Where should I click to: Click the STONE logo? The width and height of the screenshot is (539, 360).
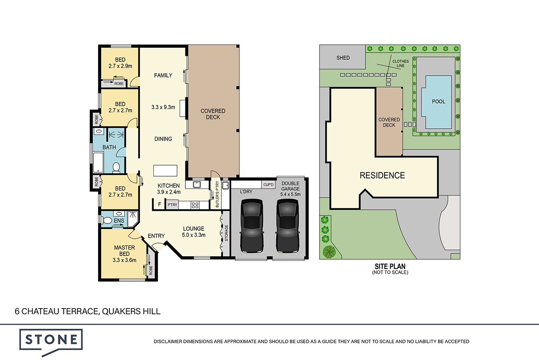(x=51, y=342)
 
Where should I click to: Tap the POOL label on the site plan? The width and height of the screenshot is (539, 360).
(x=438, y=101)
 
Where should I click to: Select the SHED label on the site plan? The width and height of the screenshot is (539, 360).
(x=343, y=58)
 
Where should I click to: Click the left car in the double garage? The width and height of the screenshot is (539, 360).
(x=252, y=225)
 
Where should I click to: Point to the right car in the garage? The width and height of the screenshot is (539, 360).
(x=288, y=225)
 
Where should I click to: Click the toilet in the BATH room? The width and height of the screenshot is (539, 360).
(x=116, y=168)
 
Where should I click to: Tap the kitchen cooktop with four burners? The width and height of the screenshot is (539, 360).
(x=195, y=205)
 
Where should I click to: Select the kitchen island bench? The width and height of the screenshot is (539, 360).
(x=165, y=171)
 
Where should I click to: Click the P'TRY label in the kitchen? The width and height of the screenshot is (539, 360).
(x=172, y=205)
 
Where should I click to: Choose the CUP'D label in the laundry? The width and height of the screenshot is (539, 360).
(x=268, y=185)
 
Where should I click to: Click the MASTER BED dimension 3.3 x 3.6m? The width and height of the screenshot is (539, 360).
(x=124, y=260)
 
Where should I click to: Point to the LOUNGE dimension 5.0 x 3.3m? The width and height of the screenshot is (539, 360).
(x=194, y=235)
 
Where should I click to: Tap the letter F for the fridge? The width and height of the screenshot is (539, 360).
(x=159, y=204)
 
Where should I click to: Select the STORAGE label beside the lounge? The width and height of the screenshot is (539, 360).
(x=227, y=233)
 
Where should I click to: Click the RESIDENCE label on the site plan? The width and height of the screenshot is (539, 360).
(x=382, y=175)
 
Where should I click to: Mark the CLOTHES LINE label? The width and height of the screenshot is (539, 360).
(x=401, y=63)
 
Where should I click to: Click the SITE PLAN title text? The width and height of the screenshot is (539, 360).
(x=390, y=266)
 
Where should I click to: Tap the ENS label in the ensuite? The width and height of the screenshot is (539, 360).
(x=119, y=220)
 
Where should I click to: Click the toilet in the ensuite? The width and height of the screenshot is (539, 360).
(x=106, y=220)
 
